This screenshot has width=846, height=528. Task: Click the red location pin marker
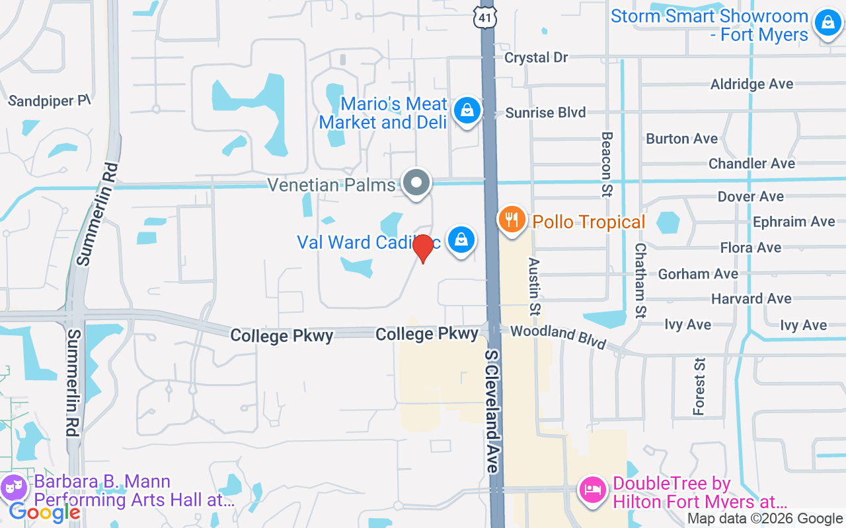tap(422, 248)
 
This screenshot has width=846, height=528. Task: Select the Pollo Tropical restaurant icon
tap(512, 219)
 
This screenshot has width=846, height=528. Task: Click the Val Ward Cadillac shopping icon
tap(461, 240)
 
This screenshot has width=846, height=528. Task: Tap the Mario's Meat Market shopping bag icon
tap(467, 110)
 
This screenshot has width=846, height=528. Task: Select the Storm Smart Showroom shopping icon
tap(827, 23)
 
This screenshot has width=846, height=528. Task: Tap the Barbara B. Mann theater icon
tap(14, 489)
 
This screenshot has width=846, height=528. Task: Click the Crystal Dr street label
tap(536, 57)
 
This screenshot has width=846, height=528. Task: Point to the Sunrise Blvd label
tap(545, 113)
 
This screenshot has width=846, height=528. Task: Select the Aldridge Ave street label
tap(751, 84)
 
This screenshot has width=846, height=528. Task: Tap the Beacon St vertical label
tap(606, 164)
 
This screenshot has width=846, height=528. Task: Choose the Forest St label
tap(699, 386)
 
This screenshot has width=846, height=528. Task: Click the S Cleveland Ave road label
tap(492, 411)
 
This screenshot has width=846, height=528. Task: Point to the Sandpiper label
tap(49, 101)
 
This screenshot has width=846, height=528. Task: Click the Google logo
tap(45, 511)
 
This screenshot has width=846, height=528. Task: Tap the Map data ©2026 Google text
tap(765, 519)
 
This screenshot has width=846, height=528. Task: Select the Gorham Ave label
tap(698, 273)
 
